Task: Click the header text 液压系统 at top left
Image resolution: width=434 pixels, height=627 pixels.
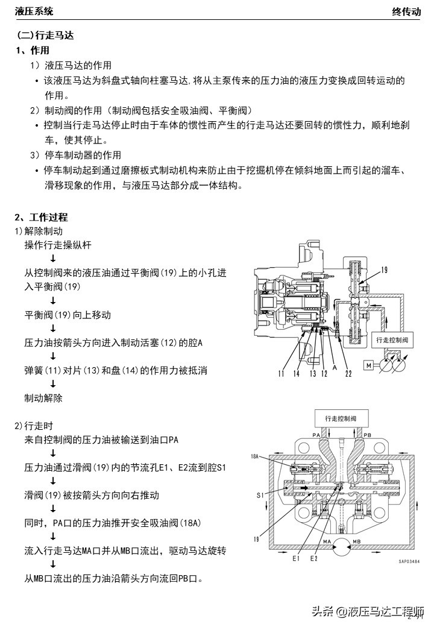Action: click(34, 11)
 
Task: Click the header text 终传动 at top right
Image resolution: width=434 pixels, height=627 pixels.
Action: click(406, 11)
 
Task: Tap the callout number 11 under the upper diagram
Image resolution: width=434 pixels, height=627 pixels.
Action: click(281, 374)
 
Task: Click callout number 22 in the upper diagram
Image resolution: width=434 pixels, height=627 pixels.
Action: click(349, 374)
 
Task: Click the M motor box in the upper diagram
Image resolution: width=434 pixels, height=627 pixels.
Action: click(368, 365)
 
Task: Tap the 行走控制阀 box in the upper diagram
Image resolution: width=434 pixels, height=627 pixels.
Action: click(392, 340)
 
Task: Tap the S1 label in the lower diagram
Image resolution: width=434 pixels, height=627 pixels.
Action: click(260, 495)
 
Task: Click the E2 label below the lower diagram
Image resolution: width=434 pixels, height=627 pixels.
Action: click(314, 559)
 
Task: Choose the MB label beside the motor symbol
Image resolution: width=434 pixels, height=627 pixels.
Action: click(356, 541)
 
